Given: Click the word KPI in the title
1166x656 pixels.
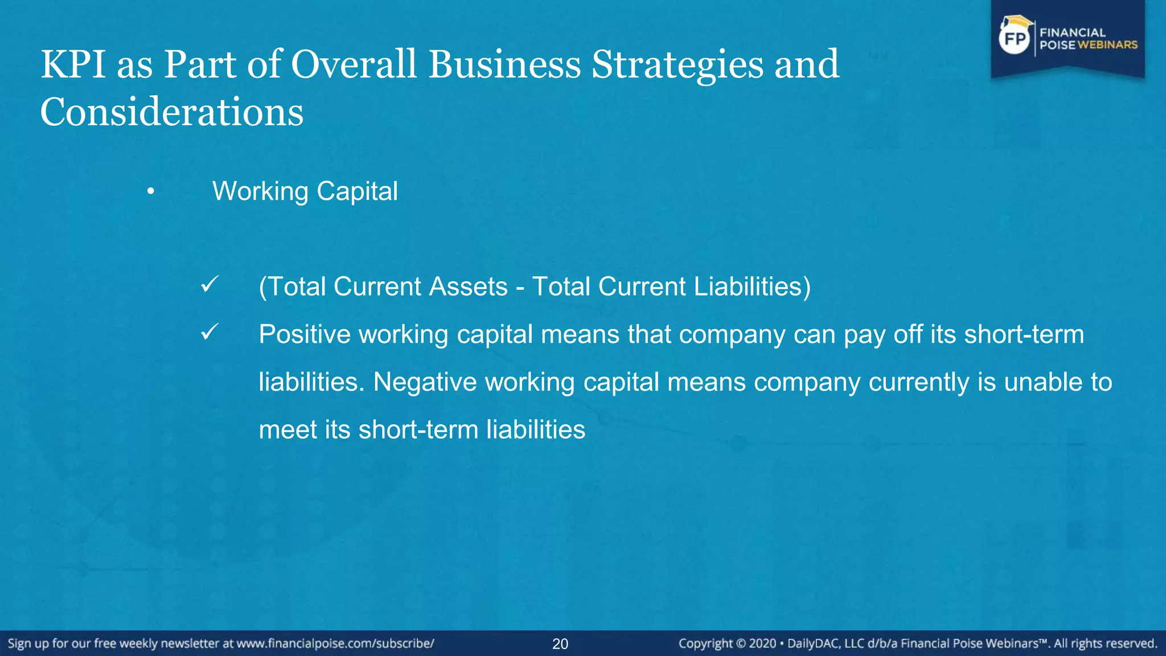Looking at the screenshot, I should pos(73,64).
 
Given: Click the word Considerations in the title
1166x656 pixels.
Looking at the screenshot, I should pos(171,112).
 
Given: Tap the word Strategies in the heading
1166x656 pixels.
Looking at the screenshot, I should pos(677,64).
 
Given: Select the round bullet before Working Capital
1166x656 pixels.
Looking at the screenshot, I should pos(150,192).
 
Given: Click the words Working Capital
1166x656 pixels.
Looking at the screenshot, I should pos(305,191).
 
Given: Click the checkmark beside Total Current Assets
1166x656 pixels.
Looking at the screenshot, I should pos(210,284).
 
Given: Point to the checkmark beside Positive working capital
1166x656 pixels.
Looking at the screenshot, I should pos(210,332).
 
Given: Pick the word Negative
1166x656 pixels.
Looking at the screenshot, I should pos(425,382).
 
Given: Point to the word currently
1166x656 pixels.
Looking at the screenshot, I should pos(918,383).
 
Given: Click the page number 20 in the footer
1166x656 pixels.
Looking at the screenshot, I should pos(560,644).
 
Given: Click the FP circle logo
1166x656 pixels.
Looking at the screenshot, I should pos(1015,39).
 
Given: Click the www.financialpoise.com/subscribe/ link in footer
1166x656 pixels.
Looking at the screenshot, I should pos(335,643).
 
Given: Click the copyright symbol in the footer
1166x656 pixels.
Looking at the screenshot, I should pos(741,644).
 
